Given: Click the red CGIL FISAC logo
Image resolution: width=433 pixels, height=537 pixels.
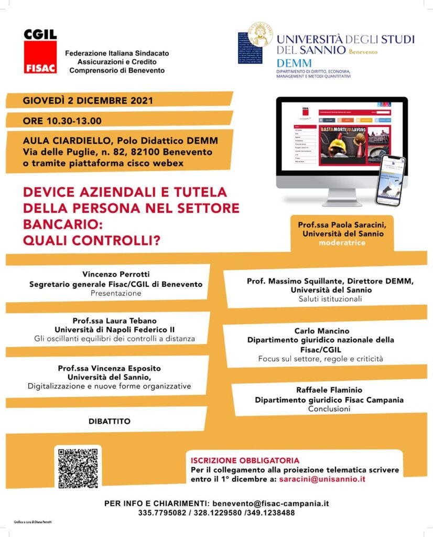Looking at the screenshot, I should point(40,51).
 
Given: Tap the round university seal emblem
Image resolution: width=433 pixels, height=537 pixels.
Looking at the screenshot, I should point(260,35).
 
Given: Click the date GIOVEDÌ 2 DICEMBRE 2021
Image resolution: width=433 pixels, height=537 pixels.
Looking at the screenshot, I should point(88,100).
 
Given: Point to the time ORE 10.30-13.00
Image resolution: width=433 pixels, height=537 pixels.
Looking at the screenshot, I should point(62,121).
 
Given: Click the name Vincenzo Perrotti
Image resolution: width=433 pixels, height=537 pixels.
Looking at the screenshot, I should point(115,274).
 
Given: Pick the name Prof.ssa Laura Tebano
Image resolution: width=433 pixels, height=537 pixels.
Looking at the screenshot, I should point(115,320).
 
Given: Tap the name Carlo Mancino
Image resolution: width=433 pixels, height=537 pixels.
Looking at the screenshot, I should point(322,331).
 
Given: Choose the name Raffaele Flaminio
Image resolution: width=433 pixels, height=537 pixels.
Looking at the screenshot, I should point(329,390).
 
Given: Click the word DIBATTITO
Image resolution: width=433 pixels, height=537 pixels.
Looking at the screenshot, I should point(110,421).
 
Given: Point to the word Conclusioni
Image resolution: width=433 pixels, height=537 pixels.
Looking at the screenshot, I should point(329,409).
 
